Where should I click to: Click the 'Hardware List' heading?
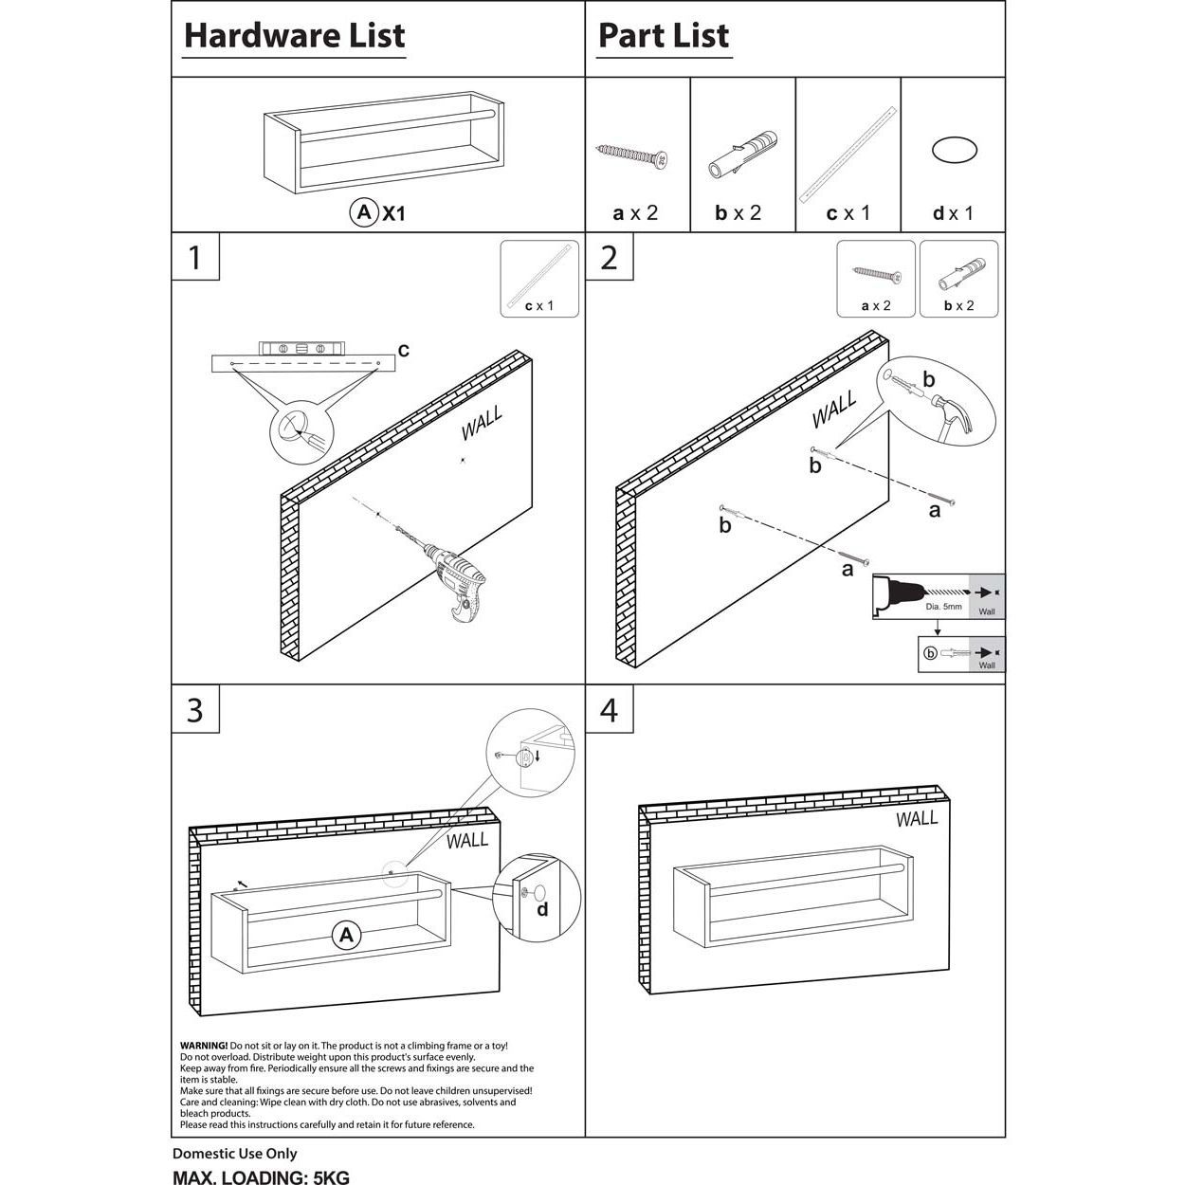click(294, 36)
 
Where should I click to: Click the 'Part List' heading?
click(664, 36)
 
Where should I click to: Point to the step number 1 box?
click(195, 257)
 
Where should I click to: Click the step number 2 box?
click(610, 257)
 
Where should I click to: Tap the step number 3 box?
click(195, 709)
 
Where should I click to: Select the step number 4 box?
click(610, 709)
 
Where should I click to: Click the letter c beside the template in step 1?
click(403, 351)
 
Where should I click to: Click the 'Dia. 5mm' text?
click(943, 606)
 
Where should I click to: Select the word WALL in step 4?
click(916, 818)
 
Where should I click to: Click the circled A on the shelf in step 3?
click(347, 936)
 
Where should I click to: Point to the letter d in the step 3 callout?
click(542, 910)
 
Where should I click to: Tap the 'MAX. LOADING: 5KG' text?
click(261, 1177)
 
